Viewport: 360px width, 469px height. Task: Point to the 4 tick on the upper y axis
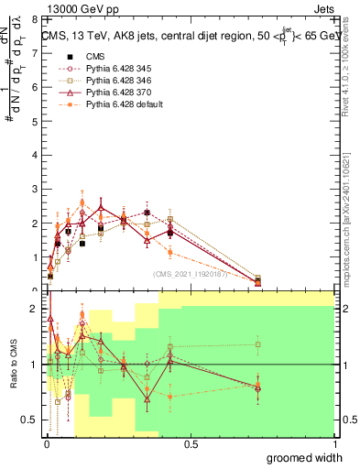coord(35,155)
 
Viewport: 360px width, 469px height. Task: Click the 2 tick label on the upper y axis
coord(35,223)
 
